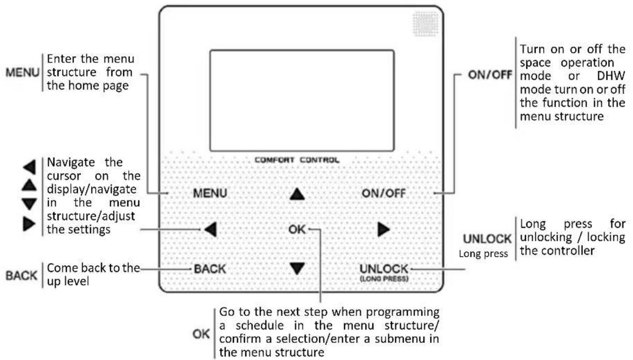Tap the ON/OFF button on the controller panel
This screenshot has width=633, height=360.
click(x=384, y=193)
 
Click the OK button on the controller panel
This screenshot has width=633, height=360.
click(x=297, y=229)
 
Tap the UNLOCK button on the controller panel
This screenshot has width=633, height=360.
click(x=384, y=269)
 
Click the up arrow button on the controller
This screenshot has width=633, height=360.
click(x=297, y=194)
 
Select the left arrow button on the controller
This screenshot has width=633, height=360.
click(x=211, y=229)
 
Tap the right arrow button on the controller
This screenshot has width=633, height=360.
click(x=384, y=229)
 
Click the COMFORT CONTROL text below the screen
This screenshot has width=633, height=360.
click(x=297, y=160)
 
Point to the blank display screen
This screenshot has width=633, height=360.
click(x=302, y=100)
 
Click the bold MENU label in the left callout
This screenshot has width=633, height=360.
click(x=22, y=73)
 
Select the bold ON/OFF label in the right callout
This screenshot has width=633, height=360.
click(x=490, y=75)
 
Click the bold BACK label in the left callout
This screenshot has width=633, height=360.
click(x=21, y=276)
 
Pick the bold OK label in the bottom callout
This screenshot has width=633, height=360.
click(x=201, y=334)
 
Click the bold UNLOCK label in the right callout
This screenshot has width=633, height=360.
click(x=487, y=239)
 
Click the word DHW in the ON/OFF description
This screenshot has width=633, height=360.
click(x=611, y=76)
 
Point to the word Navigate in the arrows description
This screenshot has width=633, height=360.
click(x=70, y=163)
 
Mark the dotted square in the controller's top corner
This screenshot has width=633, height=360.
click(x=425, y=24)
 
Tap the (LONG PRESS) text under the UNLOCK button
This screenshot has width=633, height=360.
click(x=384, y=279)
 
